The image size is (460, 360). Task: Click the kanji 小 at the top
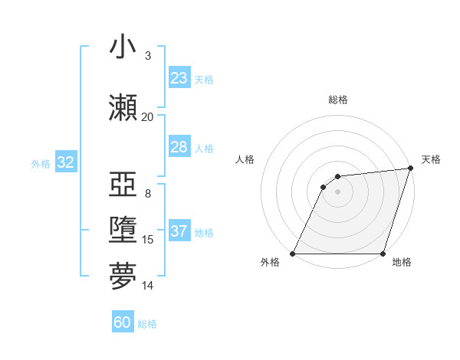(x=123, y=47)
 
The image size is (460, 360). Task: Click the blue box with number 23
(x=179, y=78)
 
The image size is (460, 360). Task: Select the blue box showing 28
(x=179, y=147)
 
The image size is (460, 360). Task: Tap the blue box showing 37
(x=179, y=232)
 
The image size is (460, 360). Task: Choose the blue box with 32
(x=65, y=162)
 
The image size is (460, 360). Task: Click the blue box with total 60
(x=123, y=322)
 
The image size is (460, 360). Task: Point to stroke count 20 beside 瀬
(x=147, y=117)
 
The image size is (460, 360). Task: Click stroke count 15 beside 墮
(x=148, y=240)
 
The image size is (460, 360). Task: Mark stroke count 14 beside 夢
(x=148, y=286)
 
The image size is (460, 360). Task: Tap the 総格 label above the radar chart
(x=337, y=100)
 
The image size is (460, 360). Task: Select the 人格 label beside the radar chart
(x=245, y=159)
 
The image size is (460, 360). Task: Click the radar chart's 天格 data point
(x=410, y=169)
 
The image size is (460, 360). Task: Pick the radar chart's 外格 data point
(x=292, y=254)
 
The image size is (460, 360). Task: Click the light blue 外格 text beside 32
(x=40, y=163)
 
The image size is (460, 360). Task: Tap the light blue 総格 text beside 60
(x=147, y=324)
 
